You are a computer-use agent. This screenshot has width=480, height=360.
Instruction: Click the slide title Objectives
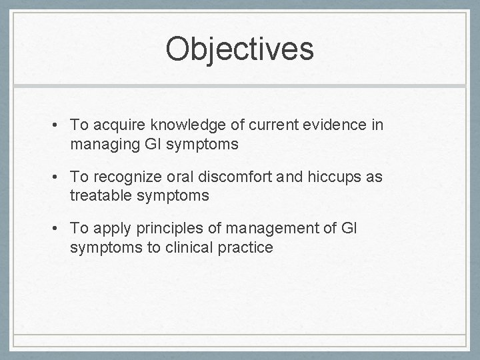point(239,50)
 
